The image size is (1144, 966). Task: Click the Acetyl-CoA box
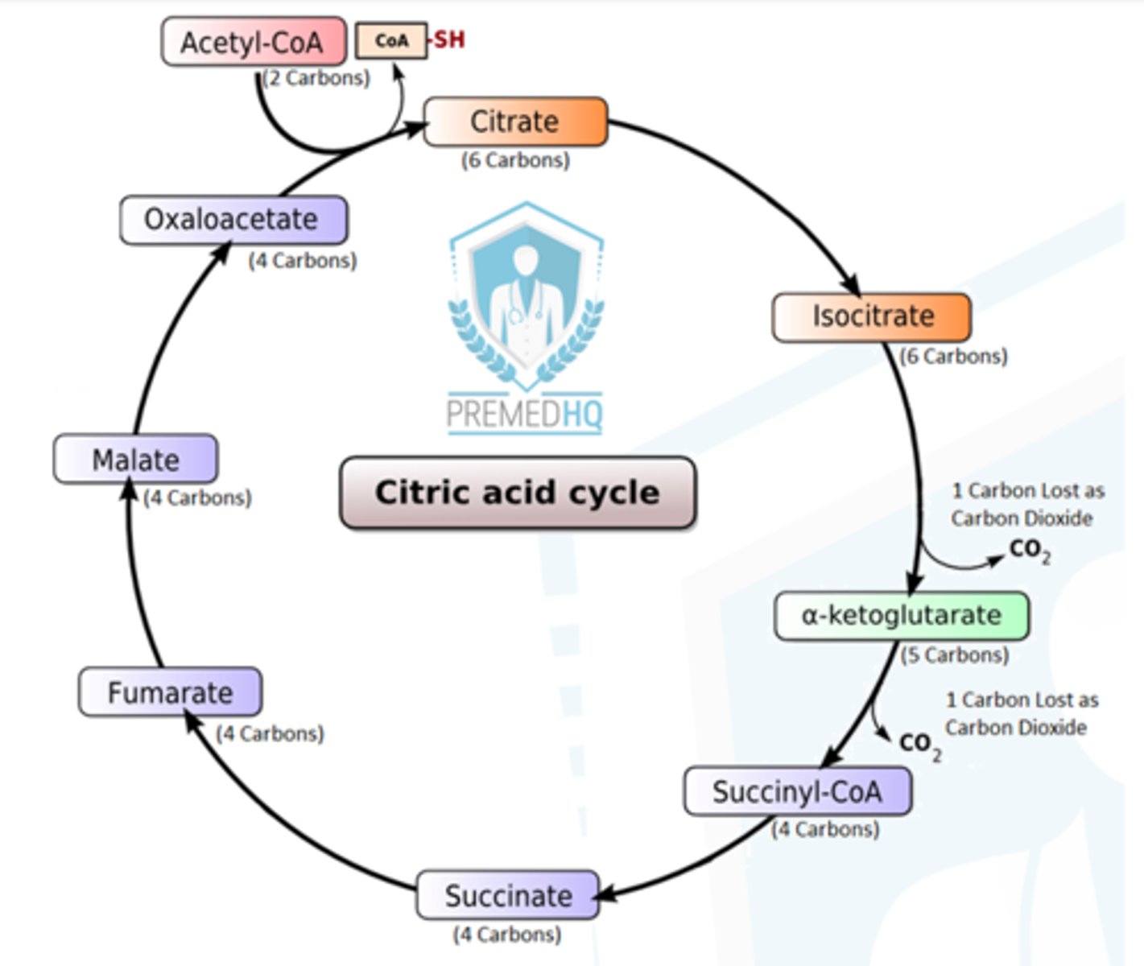(254, 42)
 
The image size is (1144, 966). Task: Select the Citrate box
(515, 122)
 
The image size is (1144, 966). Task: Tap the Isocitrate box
(872, 317)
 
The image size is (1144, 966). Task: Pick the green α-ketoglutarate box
(902, 615)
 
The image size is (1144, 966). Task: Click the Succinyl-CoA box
(798, 791)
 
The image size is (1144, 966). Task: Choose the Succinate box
(508, 895)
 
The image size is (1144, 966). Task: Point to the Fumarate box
(171, 691)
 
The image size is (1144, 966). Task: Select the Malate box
(136, 459)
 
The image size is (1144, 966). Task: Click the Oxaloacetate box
(233, 220)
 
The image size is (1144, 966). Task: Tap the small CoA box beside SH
(391, 40)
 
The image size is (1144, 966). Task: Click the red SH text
(449, 39)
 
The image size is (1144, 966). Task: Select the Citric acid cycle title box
(518, 492)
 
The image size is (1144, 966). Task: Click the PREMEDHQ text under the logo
(524, 414)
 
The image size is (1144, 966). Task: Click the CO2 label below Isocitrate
(1030, 550)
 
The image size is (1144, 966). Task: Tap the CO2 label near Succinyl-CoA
(920, 745)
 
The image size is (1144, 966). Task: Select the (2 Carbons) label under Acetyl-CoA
(316, 78)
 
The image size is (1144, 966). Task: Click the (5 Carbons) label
(955, 654)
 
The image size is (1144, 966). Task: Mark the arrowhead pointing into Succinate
(605, 894)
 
